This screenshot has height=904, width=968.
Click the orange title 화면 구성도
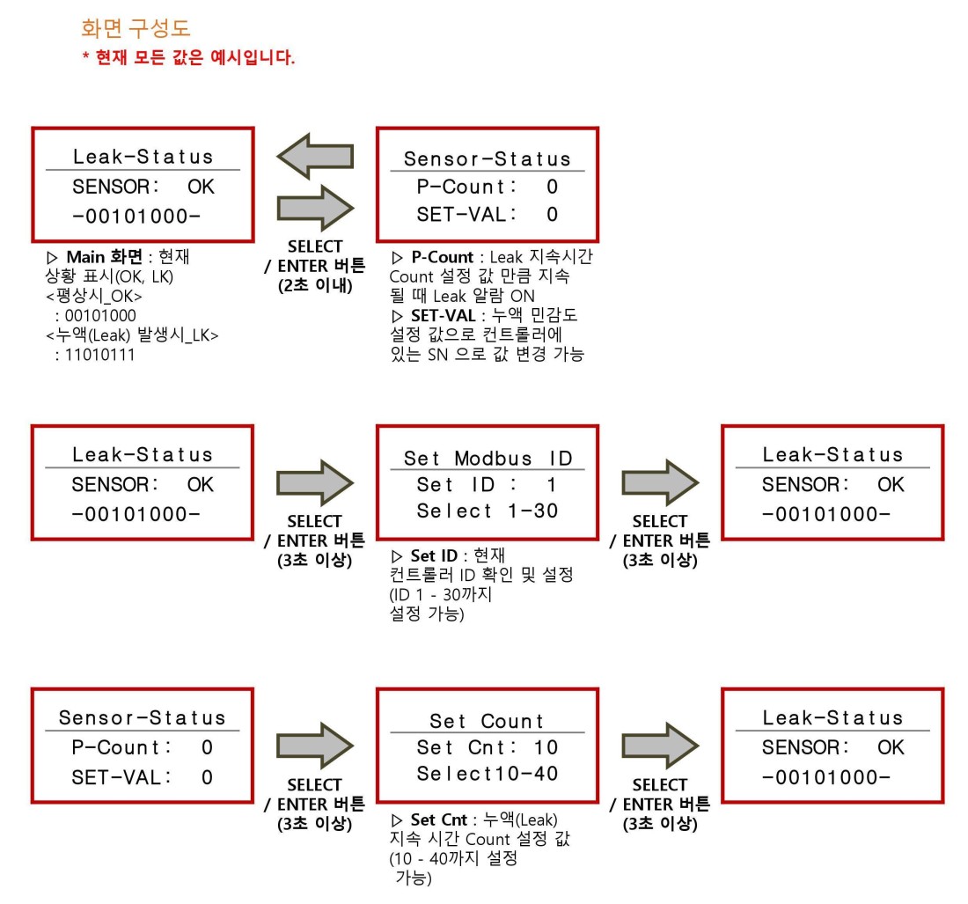coord(136,28)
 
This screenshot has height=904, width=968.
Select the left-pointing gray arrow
coord(315,156)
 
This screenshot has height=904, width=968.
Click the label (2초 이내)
coord(315,286)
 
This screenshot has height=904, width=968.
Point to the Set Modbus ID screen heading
coord(488,459)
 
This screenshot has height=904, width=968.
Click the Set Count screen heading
coord(487,721)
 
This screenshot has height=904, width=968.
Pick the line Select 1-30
coord(488,511)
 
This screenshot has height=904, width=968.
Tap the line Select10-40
coord(488,774)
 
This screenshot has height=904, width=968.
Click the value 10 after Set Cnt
coord(546,748)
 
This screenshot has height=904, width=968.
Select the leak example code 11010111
coord(100,355)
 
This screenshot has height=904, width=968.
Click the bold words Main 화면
coord(105,257)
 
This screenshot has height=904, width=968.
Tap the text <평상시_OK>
coord(94,296)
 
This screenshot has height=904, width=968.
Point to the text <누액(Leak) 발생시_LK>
coord(132,335)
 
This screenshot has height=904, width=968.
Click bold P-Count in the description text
coord(442,257)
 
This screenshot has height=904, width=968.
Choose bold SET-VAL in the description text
coord(444,315)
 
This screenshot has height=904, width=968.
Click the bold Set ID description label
coord(434,555)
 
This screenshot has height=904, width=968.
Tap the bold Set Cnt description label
coord(439,820)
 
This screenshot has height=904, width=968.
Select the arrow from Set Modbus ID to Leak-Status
coord(660,482)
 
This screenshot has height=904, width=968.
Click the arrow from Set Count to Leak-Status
coord(660,746)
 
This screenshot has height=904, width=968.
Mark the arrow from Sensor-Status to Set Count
coord(315,746)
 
